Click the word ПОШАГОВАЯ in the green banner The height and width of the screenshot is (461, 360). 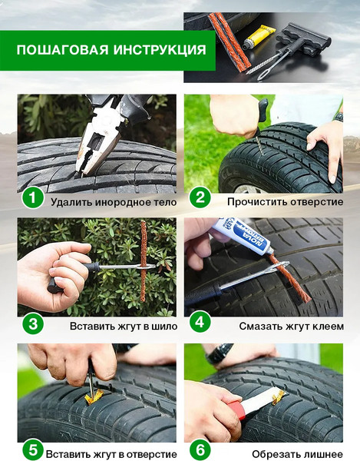coord(62,50)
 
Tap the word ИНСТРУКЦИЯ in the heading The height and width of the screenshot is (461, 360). coord(160,50)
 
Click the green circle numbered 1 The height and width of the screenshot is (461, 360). coord(32,197)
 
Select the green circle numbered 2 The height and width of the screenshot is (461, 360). coord(200,197)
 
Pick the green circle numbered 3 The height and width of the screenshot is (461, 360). coord(33,323)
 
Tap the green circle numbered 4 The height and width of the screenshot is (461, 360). coord(200,322)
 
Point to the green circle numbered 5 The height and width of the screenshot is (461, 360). coord(33,450)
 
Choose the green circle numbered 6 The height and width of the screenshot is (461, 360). coord(200,450)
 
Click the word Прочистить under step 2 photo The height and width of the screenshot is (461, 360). coord(257,202)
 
